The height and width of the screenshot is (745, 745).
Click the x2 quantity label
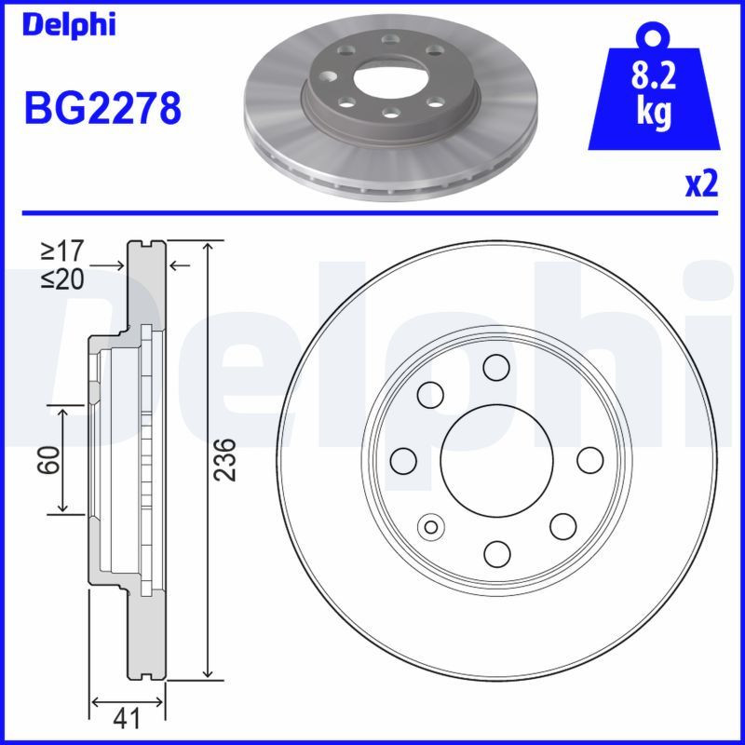[x=702, y=185]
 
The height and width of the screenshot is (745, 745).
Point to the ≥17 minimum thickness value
[x=62, y=251]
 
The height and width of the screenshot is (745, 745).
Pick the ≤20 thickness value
[x=62, y=278]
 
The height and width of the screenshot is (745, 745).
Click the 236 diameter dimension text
[x=226, y=458]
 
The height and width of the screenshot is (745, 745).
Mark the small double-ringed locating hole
[x=431, y=526]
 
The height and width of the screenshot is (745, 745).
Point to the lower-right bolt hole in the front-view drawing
[x=562, y=525]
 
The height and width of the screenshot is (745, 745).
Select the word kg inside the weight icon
[x=654, y=113]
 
